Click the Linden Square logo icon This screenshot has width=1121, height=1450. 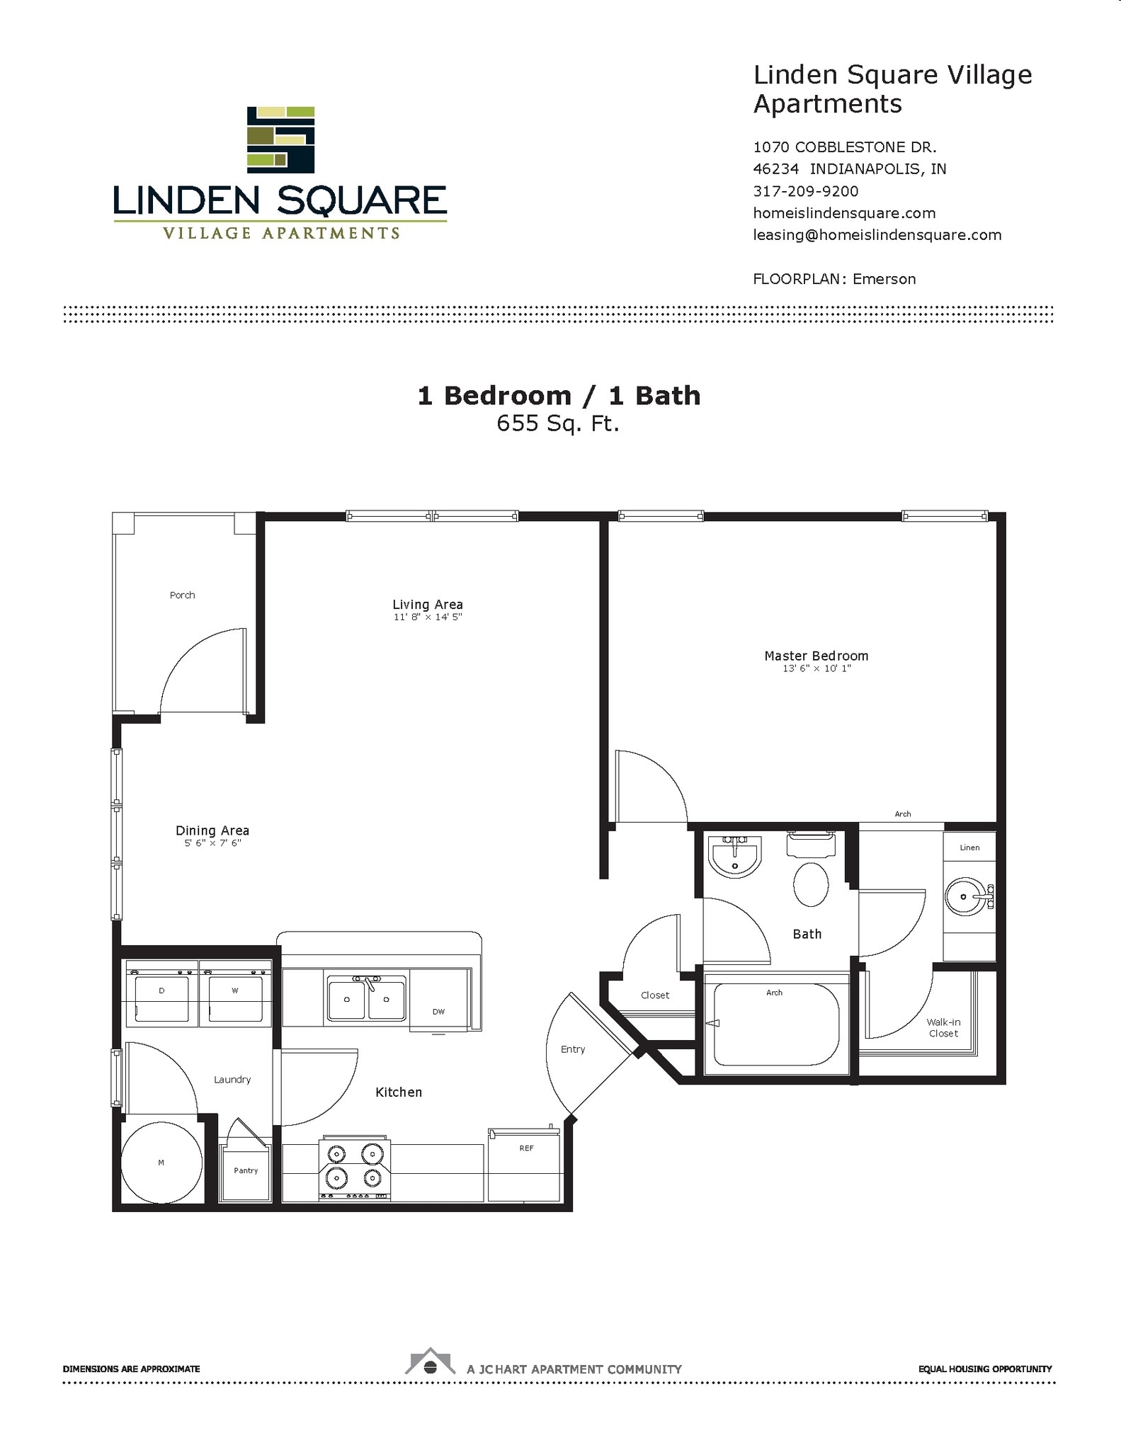[x=280, y=139]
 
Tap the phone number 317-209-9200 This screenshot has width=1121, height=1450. [x=805, y=191]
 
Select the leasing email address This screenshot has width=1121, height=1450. [x=877, y=235]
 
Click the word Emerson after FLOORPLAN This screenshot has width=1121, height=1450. [x=884, y=279]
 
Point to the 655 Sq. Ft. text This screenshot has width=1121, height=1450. [x=557, y=423]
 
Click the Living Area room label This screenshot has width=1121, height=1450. [x=427, y=604]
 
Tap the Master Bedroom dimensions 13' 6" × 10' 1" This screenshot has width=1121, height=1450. [x=816, y=668]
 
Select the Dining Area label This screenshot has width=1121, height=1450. [x=212, y=830]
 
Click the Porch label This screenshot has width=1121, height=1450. [x=182, y=595]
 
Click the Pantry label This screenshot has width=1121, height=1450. [x=246, y=1170]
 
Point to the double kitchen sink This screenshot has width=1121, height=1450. [x=366, y=998]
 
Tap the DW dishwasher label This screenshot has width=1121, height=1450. [x=438, y=1012]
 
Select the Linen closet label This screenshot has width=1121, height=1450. [x=969, y=847]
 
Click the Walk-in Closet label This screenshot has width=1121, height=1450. [x=943, y=1027]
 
